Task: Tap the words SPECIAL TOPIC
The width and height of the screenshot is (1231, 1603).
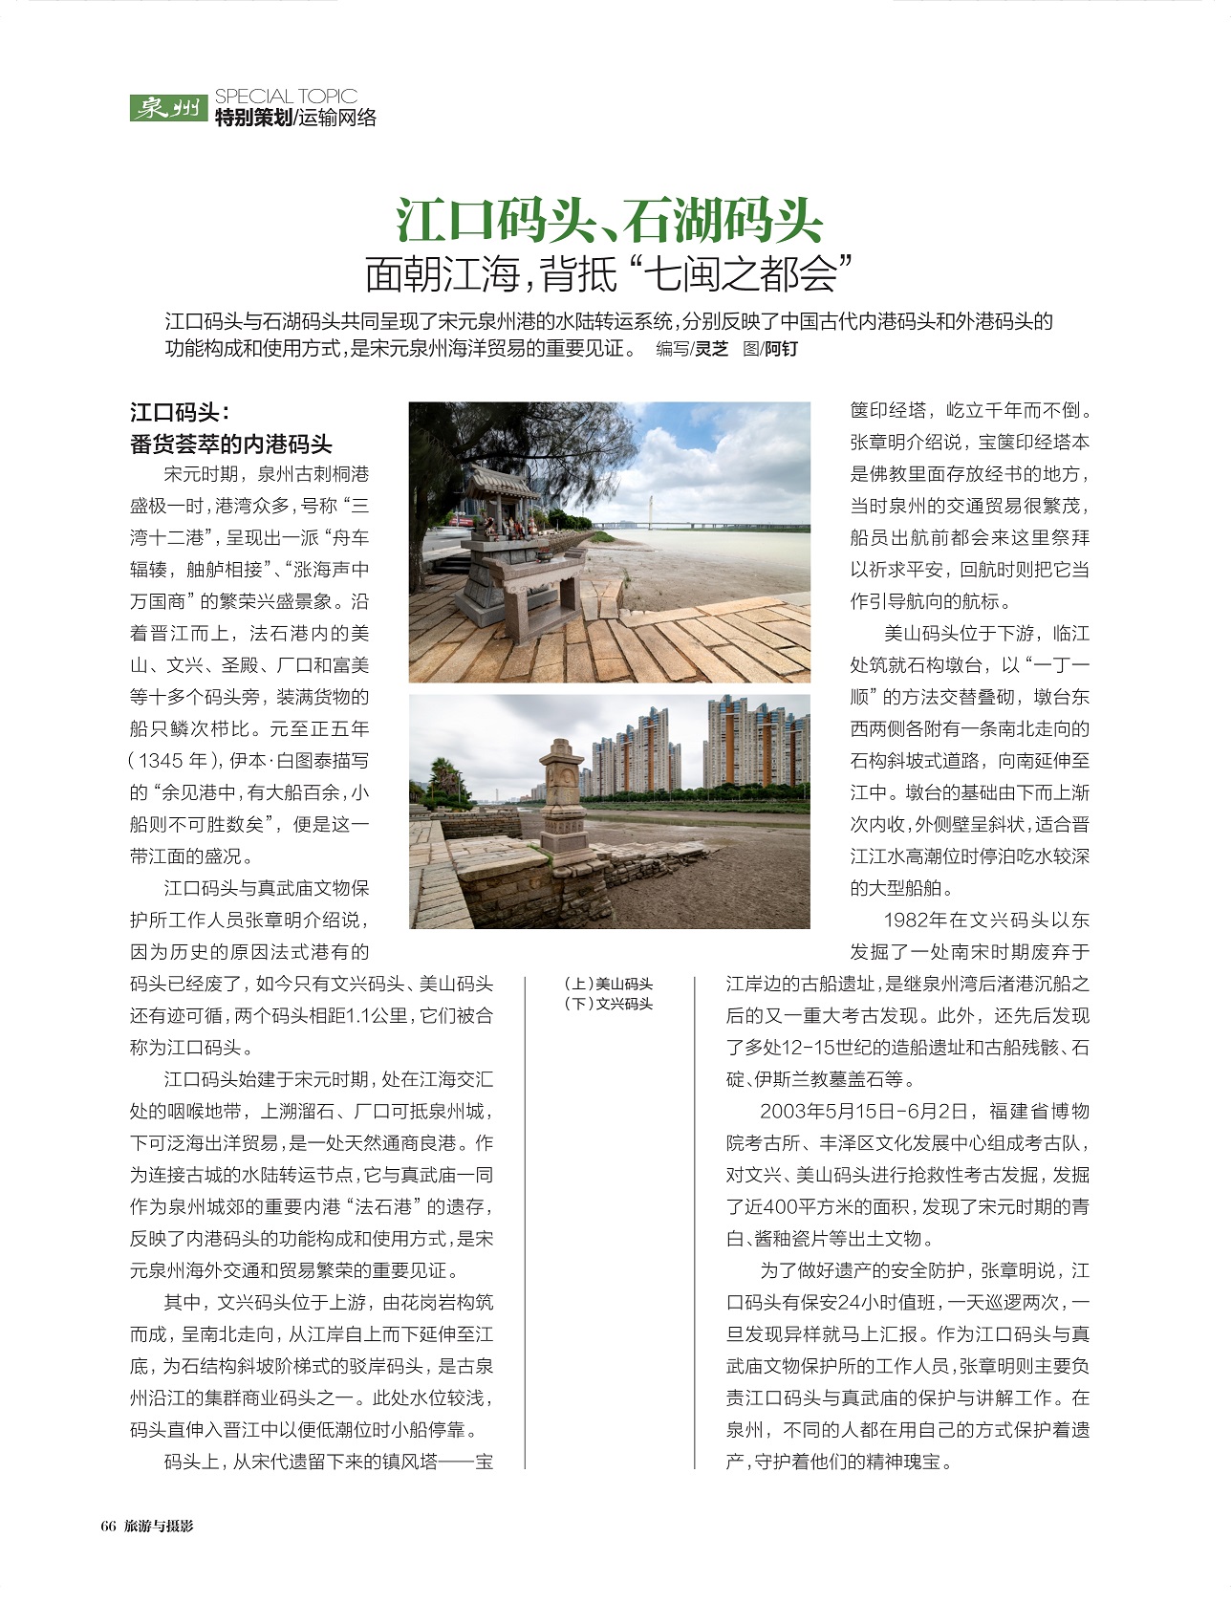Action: tap(286, 97)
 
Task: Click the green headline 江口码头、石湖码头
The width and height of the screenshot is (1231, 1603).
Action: tap(610, 221)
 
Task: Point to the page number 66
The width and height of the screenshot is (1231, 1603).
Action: tap(108, 1527)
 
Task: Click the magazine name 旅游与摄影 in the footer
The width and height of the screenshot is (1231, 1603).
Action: tap(159, 1527)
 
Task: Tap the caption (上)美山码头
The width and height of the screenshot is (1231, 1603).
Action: tap(609, 984)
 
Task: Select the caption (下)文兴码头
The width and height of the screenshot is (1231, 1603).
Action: tap(609, 1004)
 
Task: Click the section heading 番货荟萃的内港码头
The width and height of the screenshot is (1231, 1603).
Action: tap(231, 444)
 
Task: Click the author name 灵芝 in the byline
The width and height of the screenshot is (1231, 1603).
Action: tap(711, 349)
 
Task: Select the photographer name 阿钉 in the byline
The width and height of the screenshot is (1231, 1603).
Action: tap(781, 349)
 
